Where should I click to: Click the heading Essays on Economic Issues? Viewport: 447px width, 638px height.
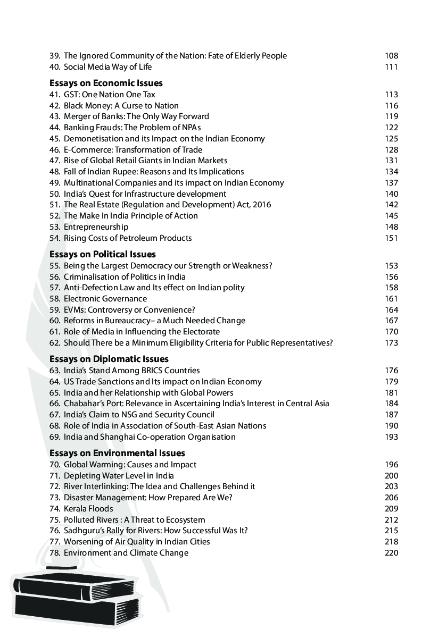click(x=106, y=83)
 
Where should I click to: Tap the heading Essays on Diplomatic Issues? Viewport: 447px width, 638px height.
click(x=109, y=359)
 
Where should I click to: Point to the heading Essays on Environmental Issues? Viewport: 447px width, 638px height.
click(x=117, y=453)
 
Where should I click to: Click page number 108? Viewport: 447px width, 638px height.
click(x=391, y=56)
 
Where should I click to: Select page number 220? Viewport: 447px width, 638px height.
click(x=391, y=553)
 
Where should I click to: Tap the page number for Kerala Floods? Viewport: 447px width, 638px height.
click(x=391, y=509)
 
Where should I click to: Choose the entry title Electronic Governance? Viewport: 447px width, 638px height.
click(x=105, y=299)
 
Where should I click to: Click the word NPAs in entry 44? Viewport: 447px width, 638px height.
click(x=190, y=128)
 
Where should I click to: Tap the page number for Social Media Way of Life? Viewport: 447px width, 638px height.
click(x=391, y=67)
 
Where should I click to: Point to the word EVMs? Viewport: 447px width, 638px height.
click(x=74, y=309)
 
